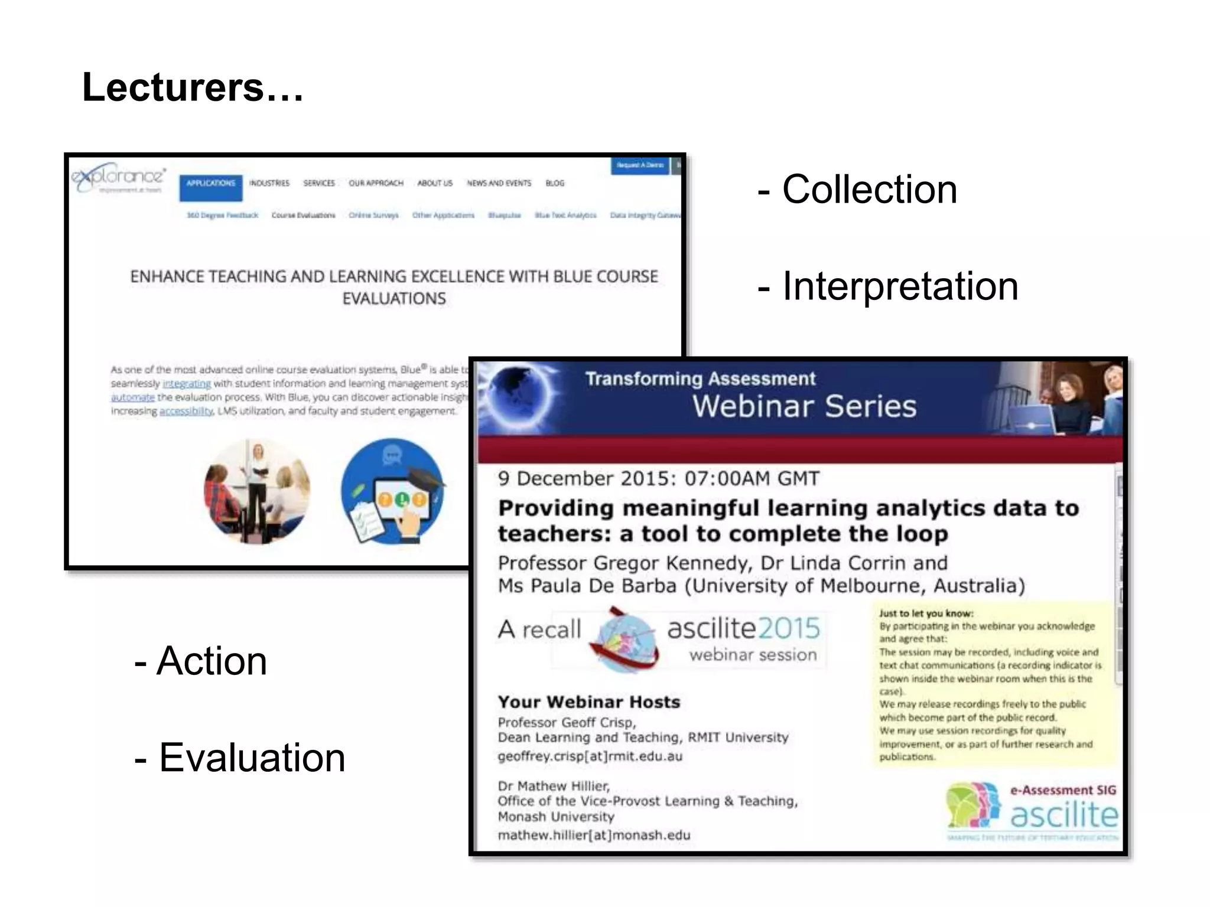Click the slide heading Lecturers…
(x=193, y=87)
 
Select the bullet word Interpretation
(x=900, y=286)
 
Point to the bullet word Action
(x=211, y=661)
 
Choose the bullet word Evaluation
(x=252, y=758)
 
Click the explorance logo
(x=119, y=177)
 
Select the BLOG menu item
(x=554, y=183)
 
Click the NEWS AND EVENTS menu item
(x=499, y=183)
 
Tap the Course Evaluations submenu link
(x=303, y=215)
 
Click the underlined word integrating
(x=186, y=384)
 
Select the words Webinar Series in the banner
(x=804, y=406)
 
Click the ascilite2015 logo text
(x=743, y=628)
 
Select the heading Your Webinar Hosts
(x=589, y=702)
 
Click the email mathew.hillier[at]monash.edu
(x=594, y=835)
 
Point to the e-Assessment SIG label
(x=1062, y=790)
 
